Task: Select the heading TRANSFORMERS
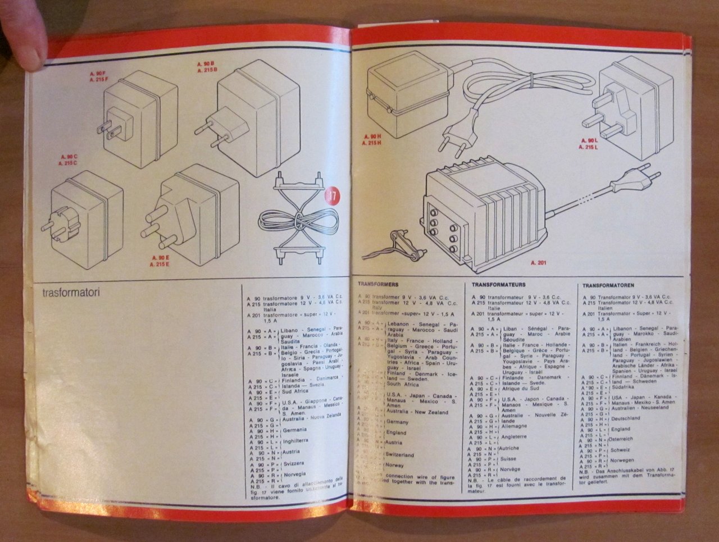coord(378,285)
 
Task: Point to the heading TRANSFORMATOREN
coord(608,285)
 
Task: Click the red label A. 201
coord(539,262)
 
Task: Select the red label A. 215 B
coord(207,70)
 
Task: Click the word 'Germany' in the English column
coord(398,421)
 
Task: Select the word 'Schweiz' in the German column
coord(621,449)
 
